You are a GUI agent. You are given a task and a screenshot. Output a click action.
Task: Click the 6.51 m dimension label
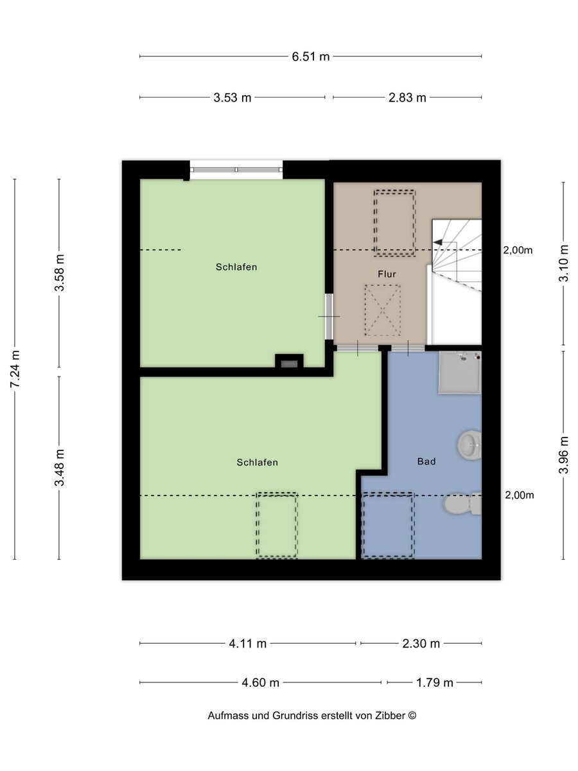click(311, 57)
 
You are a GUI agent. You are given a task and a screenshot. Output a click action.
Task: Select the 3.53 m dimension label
click(232, 98)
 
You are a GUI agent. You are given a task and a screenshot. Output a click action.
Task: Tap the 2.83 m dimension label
click(407, 98)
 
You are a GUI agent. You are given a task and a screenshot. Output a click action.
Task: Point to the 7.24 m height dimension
click(15, 368)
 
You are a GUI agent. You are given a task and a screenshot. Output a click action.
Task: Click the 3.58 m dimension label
click(60, 272)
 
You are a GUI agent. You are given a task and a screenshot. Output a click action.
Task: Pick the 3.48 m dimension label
click(60, 468)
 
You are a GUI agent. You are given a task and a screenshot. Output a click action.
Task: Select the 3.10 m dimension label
click(564, 263)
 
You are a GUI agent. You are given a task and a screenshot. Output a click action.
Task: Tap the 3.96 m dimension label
click(564, 455)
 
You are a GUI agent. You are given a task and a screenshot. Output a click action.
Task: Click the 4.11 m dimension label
click(248, 644)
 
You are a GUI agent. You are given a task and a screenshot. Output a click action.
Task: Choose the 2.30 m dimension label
click(421, 644)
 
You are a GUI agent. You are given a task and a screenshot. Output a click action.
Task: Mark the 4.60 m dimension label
click(261, 682)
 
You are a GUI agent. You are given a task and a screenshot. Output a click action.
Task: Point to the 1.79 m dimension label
click(435, 682)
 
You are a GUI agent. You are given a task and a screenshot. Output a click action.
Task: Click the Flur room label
click(387, 274)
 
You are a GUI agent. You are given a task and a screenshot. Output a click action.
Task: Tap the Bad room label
click(426, 461)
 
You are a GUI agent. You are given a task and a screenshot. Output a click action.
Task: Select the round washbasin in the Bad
click(469, 445)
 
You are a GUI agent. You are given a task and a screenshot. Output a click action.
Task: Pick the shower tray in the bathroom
click(460, 373)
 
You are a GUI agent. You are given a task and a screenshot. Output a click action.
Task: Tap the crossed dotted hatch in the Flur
click(383, 310)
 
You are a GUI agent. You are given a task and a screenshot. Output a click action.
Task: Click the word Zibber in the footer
click(390, 716)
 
